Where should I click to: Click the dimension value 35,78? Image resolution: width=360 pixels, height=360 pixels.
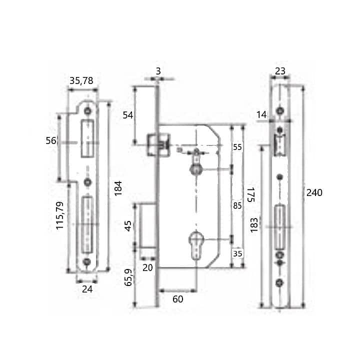tap(81, 80)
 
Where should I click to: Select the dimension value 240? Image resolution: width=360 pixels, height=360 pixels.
tap(314, 193)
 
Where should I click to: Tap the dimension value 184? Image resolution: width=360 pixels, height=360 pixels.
tap(118, 188)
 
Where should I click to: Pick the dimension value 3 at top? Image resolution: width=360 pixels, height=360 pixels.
tap(158, 71)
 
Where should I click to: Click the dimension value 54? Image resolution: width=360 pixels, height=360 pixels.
tap(128, 115)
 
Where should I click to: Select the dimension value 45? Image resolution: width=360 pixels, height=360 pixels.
tap(128, 225)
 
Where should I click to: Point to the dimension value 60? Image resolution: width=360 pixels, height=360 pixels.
tap(177, 299)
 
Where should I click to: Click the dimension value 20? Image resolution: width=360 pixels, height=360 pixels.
tap(147, 267)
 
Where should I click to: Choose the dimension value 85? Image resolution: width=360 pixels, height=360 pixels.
tap(237, 205)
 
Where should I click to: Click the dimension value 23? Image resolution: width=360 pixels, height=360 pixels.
tap(280, 71)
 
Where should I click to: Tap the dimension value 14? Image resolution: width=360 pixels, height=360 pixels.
tap(262, 115)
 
